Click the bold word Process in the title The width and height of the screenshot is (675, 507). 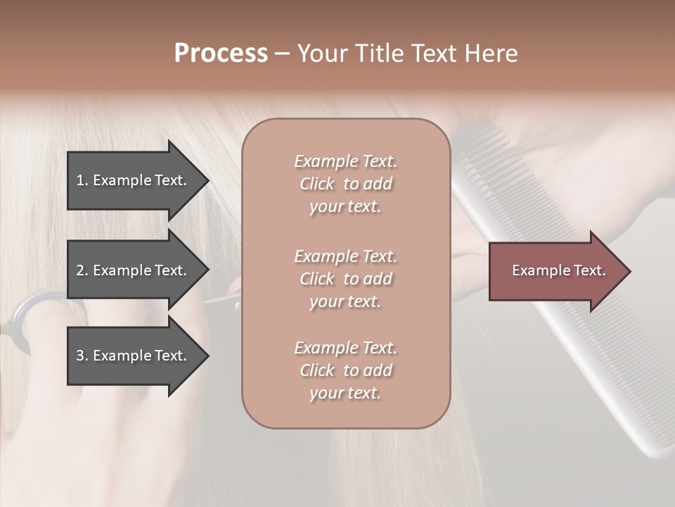click(x=221, y=54)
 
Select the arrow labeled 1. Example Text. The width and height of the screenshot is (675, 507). click(x=134, y=180)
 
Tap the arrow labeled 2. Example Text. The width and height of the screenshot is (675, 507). click(x=134, y=270)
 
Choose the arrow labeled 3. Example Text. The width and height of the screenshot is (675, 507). click(x=134, y=356)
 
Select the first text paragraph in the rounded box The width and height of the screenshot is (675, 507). click(x=345, y=184)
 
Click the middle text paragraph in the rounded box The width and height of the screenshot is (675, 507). click(x=345, y=279)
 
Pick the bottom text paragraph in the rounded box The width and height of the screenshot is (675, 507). click(x=345, y=370)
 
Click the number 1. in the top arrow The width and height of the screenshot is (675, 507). click(x=82, y=180)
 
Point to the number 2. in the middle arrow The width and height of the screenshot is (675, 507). click(x=82, y=270)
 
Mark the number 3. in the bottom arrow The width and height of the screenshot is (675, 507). click(x=82, y=356)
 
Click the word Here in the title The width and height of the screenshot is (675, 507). click(x=492, y=54)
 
